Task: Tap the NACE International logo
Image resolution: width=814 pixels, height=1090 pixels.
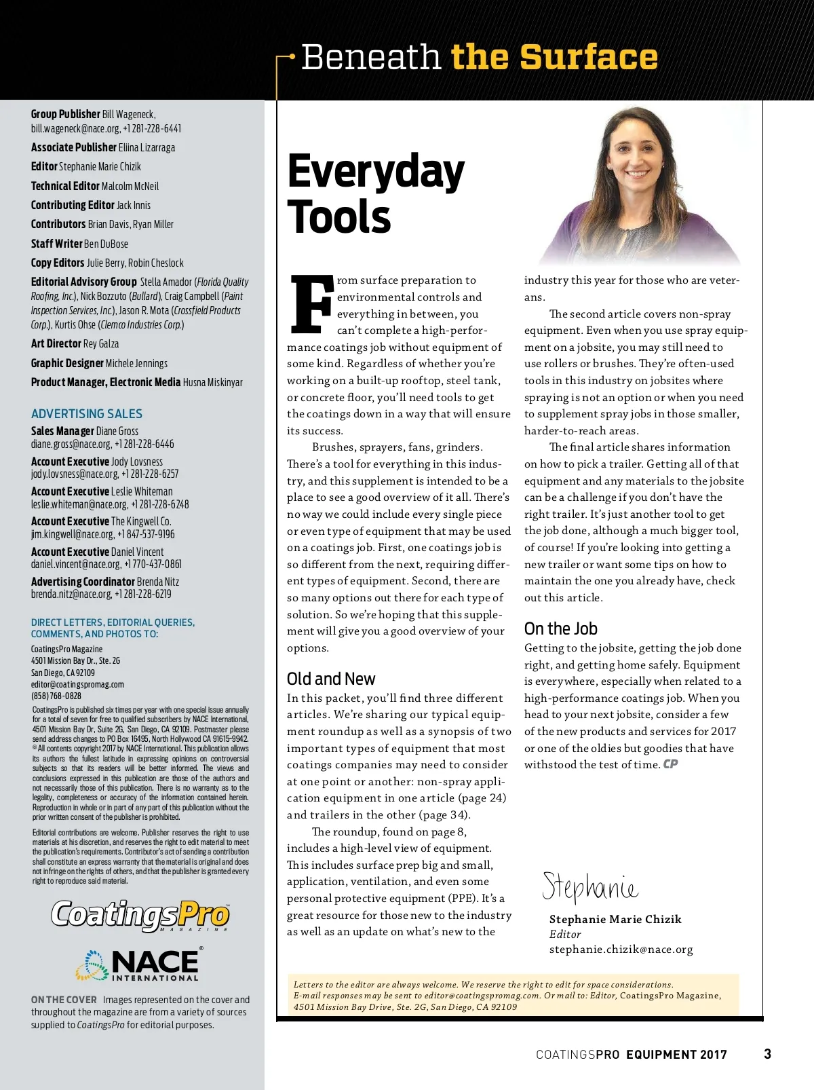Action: tap(139, 964)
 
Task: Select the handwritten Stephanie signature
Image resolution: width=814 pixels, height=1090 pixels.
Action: tap(589, 887)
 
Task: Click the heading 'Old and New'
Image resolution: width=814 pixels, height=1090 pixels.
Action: tap(331, 679)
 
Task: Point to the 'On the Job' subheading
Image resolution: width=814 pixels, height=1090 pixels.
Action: tap(560, 628)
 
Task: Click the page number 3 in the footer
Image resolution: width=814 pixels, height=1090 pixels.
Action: tap(767, 1054)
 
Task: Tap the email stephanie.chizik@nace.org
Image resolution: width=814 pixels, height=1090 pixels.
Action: tap(621, 949)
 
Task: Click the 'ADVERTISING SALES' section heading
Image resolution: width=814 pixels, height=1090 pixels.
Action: tap(87, 413)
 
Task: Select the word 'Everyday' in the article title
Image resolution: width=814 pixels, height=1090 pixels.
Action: tap(376, 171)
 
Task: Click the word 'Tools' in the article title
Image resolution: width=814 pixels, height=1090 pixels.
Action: tap(339, 217)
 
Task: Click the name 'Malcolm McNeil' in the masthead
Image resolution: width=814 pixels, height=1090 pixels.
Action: tap(130, 186)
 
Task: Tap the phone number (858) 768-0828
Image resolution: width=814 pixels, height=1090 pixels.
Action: tap(56, 696)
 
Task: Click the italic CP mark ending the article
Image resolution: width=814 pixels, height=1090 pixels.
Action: tap(670, 764)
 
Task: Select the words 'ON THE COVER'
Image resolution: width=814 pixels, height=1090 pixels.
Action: tap(64, 1000)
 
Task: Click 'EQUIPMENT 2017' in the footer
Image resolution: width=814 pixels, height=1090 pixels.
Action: tap(676, 1054)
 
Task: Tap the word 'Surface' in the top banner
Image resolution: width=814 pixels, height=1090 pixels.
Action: tap(589, 57)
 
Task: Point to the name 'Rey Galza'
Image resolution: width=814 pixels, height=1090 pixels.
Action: tap(100, 344)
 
